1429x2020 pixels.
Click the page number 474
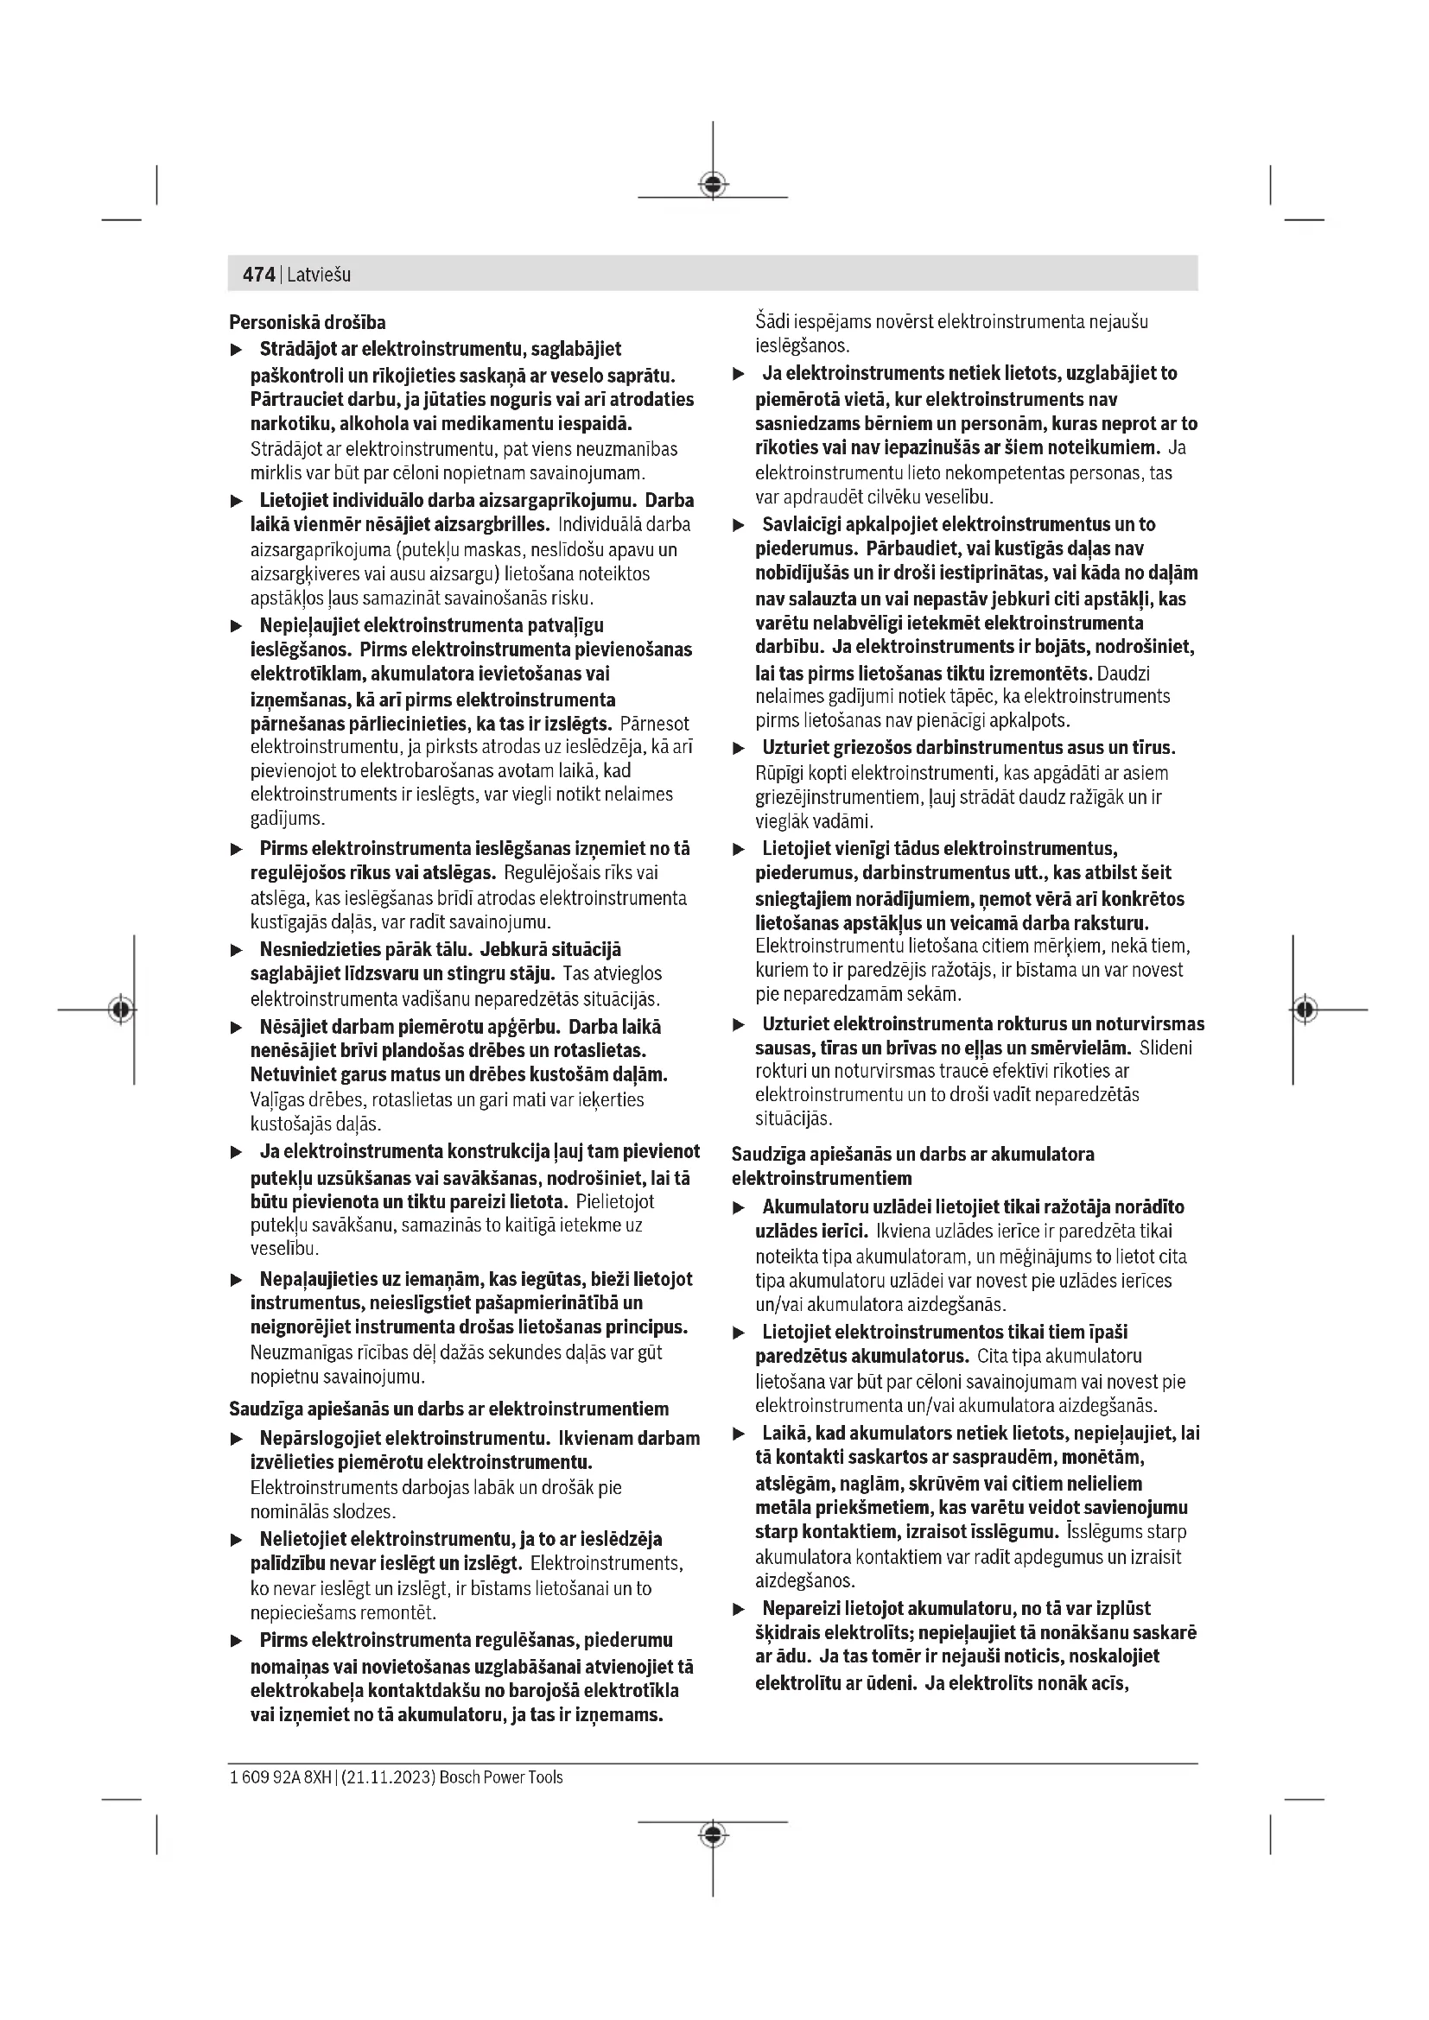click(257, 275)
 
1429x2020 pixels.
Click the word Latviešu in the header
click(319, 275)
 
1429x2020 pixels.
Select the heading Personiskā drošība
click(307, 322)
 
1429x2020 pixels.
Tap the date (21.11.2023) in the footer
click(386, 1777)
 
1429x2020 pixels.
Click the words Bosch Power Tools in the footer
click(501, 1777)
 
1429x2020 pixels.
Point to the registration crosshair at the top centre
click(713, 185)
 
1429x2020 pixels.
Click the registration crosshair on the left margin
click(122, 1009)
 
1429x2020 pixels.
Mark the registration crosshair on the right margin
click(1305, 1009)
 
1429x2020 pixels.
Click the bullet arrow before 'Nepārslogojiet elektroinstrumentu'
click(236, 1441)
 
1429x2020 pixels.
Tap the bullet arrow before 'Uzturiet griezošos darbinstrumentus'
click(740, 750)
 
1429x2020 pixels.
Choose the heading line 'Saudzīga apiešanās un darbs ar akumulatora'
click(912, 1155)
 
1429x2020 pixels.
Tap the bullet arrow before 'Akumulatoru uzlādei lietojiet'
click(740, 1209)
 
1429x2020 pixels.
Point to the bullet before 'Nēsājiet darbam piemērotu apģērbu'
click(236, 1028)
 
